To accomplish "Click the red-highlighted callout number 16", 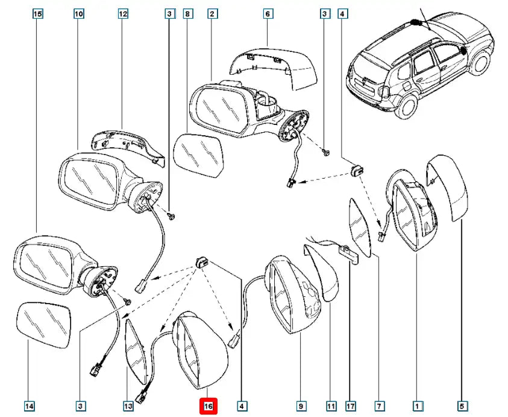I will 208,406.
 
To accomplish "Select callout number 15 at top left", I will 37,13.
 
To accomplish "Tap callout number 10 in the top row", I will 79,13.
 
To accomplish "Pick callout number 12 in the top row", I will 123,13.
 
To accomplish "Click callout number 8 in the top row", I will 187,13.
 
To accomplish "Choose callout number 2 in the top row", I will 212,13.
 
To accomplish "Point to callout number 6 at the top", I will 268,13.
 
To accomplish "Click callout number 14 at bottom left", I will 29,406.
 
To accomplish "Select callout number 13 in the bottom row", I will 128,406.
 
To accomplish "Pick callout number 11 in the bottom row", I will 330,406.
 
